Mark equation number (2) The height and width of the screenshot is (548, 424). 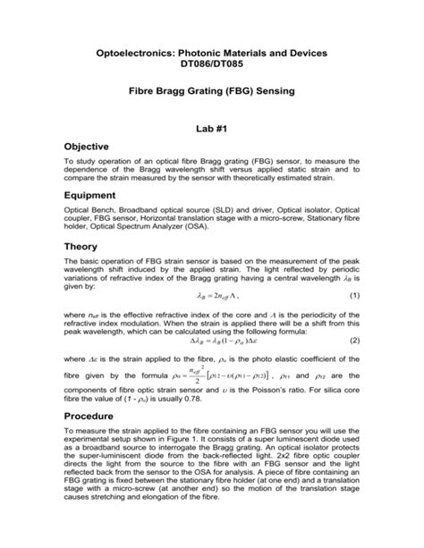coord(355,340)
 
